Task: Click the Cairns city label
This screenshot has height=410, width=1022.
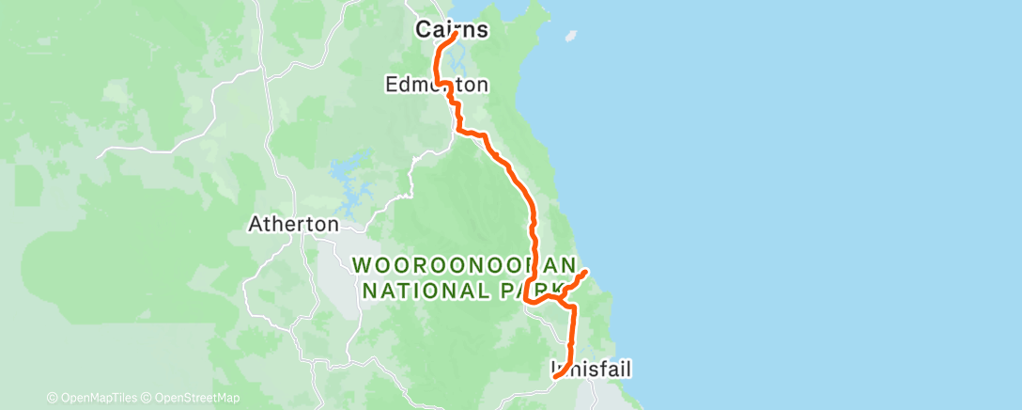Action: click(x=452, y=30)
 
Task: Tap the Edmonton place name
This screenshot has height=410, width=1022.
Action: click(x=437, y=86)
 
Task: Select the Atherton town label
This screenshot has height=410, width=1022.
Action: click(x=292, y=225)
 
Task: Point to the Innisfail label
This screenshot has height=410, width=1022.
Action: click(x=591, y=367)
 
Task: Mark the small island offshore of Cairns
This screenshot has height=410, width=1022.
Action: click(x=567, y=38)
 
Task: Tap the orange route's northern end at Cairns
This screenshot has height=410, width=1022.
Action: click(x=457, y=35)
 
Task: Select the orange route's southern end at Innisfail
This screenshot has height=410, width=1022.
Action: click(x=555, y=376)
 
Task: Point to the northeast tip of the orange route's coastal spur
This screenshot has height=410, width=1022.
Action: click(x=587, y=272)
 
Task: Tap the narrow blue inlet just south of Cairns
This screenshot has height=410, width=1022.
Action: click(x=457, y=66)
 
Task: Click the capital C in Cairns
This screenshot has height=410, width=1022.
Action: click(x=424, y=30)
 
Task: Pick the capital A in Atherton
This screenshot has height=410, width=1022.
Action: click(x=254, y=225)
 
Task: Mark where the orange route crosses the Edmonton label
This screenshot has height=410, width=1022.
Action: click(x=447, y=87)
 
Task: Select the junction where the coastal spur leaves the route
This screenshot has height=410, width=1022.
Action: click(x=562, y=299)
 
